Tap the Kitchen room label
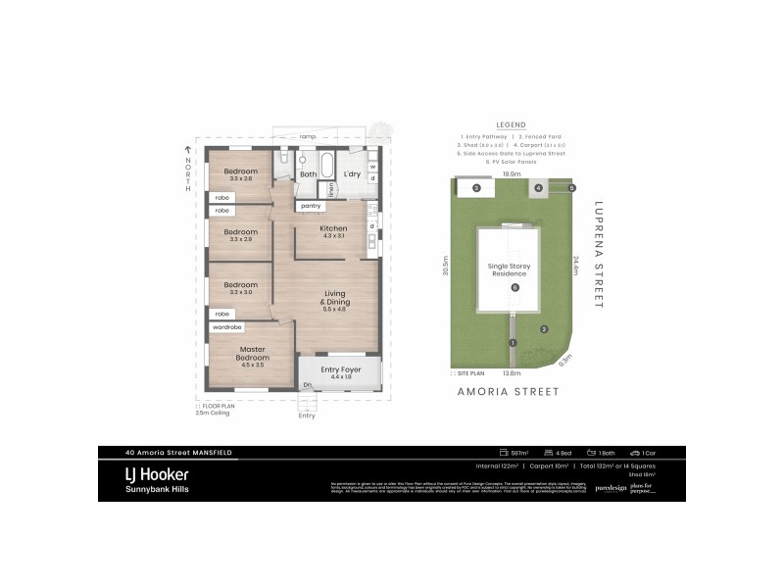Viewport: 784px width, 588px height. [x=334, y=229]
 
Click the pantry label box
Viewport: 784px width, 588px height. [x=312, y=206]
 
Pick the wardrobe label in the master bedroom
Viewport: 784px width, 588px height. [x=227, y=326]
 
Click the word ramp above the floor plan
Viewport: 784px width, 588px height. [x=308, y=136]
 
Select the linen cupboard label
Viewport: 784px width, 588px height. [x=333, y=189]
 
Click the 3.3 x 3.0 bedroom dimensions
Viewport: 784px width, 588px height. [x=240, y=292]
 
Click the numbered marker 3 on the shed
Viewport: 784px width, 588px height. [x=476, y=188]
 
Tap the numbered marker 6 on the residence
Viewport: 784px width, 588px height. [x=514, y=286]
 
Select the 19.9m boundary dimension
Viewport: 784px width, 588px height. [x=511, y=174]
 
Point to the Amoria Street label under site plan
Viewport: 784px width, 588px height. [x=509, y=391]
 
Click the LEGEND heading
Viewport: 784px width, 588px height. [x=511, y=126]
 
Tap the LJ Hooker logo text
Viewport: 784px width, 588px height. [x=158, y=473]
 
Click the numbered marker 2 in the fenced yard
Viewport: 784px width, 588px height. [x=544, y=329]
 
